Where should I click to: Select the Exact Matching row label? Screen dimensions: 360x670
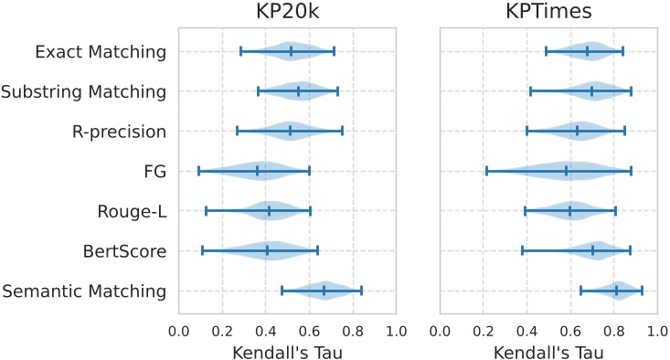(x=101, y=51)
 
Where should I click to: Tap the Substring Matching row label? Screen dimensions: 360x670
(x=84, y=91)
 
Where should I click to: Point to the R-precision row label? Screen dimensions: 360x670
(x=119, y=132)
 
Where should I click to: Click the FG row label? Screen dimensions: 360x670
(x=154, y=171)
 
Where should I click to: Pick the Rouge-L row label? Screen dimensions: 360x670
(x=132, y=211)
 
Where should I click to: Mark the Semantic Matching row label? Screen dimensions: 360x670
(x=84, y=291)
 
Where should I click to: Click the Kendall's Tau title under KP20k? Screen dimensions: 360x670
(x=287, y=351)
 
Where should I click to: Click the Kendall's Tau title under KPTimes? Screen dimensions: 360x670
(x=548, y=351)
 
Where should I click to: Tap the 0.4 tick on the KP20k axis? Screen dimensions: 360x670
(x=266, y=330)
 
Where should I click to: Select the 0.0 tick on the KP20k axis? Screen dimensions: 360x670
(x=179, y=330)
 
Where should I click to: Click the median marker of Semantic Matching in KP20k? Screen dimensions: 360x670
(x=324, y=291)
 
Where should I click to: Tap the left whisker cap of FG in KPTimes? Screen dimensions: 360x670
(x=486, y=171)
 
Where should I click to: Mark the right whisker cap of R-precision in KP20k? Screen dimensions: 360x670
(x=342, y=132)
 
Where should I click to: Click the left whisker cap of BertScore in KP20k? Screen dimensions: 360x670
(x=203, y=251)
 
